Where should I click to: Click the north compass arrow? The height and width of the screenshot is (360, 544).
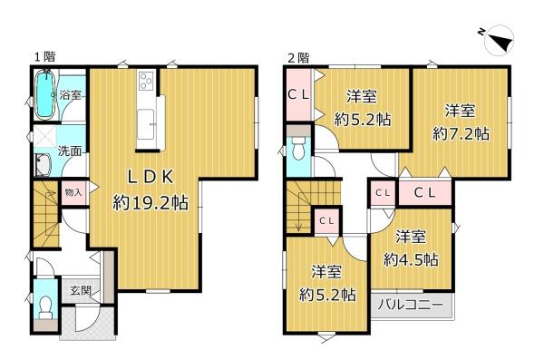pyautogui.click(x=501, y=41)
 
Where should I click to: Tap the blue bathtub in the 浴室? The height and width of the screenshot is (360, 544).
pyautogui.click(x=45, y=94)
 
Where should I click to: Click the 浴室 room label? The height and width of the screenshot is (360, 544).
pyautogui.click(x=71, y=94)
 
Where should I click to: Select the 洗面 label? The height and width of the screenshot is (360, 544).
pyautogui.click(x=70, y=151)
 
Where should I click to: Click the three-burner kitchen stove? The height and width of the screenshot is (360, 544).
pyautogui.click(x=146, y=82)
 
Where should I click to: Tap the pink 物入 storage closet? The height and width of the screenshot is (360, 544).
pyautogui.click(x=73, y=192)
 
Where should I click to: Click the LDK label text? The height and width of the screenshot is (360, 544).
pyautogui.click(x=151, y=178)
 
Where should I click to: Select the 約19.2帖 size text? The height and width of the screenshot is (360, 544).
pyautogui.click(x=151, y=202)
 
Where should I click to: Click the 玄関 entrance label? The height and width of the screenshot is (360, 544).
pyautogui.click(x=81, y=290)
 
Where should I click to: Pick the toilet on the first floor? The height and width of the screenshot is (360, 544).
pyautogui.click(x=45, y=308)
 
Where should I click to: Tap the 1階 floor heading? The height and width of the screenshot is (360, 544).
pyautogui.click(x=44, y=57)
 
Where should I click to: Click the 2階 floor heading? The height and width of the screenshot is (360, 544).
pyautogui.click(x=298, y=58)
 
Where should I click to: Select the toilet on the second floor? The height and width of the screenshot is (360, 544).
pyautogui.click(x=298, y=148)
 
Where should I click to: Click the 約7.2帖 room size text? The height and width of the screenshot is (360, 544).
pyautogui.click(x=461, y=134)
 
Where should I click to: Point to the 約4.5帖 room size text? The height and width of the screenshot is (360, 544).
pyautogui.click(x=411, y=259)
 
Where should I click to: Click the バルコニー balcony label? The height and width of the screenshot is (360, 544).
pyautogui.click(x=411, y=306)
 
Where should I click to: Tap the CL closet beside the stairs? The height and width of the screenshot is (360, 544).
pyautogui.click(x=326, y=220)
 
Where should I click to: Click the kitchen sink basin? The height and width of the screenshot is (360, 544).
pyautogui.click(x=145, y=124)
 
